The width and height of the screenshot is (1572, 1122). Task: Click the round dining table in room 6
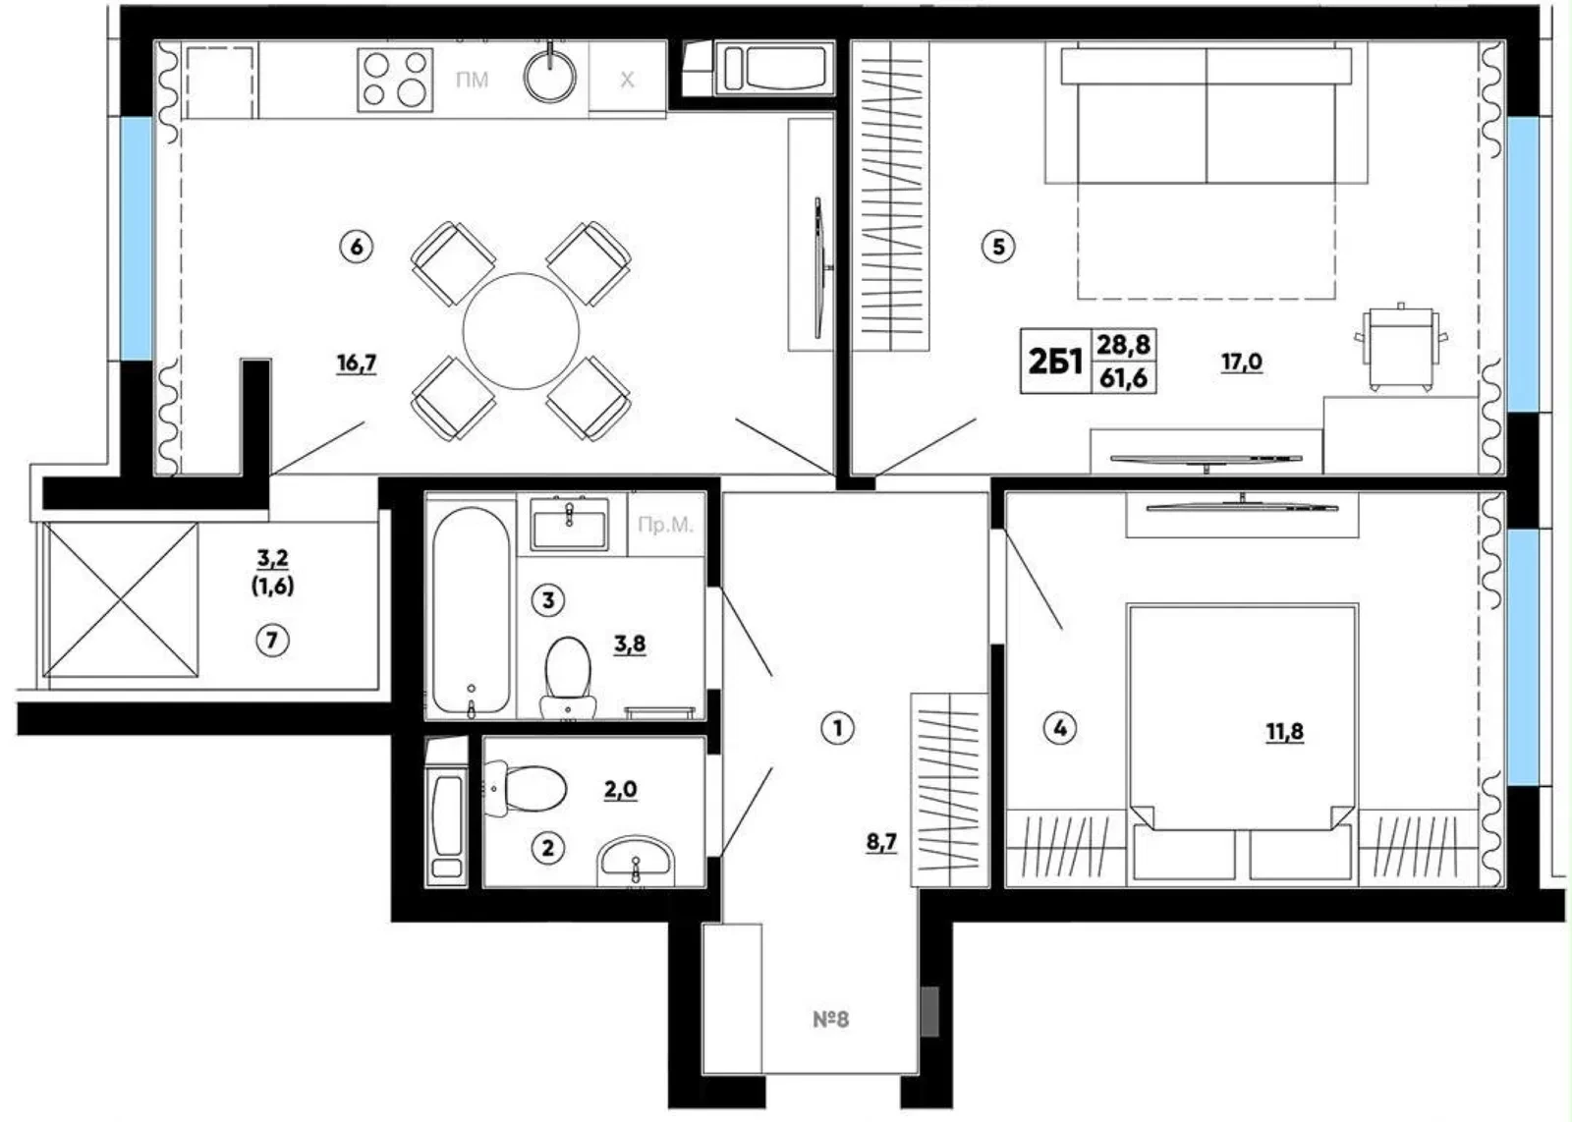tap(521, 330)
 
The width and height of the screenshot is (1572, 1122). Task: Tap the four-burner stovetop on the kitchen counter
tap(395, 80)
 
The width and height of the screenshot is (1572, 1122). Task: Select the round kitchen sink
tap(549, 74)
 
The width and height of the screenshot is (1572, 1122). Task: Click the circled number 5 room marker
tap(998, 247)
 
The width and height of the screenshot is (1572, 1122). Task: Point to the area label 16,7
tap(357, 364)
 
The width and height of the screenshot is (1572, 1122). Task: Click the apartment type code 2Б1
tap(1055, 363)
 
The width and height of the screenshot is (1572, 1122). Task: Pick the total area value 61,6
tap(1124, 378)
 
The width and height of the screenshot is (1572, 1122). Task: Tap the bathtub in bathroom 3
tap(471, 610)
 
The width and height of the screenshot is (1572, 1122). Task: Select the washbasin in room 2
tap(635, 860)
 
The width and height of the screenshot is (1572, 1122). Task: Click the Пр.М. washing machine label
tap(665, 525)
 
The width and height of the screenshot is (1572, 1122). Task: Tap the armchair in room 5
tap(1401, 348)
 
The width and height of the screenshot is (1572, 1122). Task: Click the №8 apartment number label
tap(831, 1019)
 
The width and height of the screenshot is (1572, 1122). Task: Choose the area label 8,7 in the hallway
tap(881, 841)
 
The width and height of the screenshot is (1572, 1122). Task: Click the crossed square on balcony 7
tap(121, 600)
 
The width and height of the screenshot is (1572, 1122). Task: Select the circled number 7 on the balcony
tap(272, 640)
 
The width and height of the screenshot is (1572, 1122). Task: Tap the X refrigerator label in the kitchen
tap(627, 80)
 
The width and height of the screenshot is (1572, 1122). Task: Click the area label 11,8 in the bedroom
tap(1284, 733)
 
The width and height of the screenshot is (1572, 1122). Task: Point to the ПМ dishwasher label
tap(472, 80)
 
